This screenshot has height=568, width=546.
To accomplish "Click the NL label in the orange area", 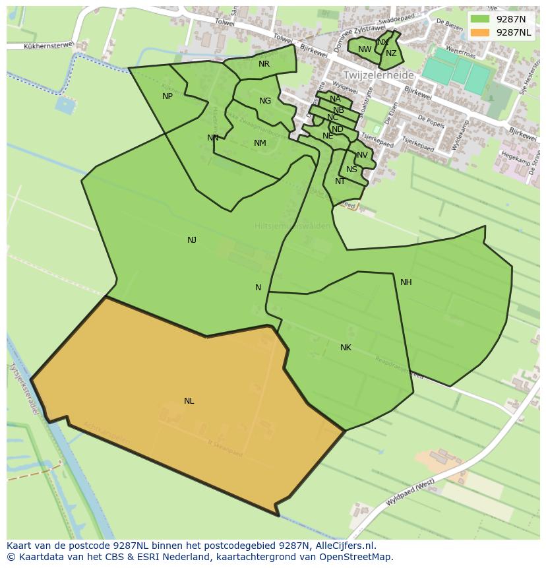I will click(x=189, y=401).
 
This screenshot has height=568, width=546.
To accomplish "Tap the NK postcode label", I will click(x=346, y=348).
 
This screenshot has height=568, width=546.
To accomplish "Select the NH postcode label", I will click(x=406, y=282).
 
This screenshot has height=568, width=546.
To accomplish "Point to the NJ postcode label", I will click(x=192, y=240).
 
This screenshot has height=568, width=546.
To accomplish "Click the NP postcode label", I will click(x=167, y=96).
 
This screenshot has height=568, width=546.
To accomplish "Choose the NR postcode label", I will click(x=264, y=64).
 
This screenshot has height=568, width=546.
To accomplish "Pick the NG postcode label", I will click(x=265, y=101).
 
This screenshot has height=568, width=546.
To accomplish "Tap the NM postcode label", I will click(x=260, y=143).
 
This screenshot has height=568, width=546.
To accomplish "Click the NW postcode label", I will click(x=365, y=49).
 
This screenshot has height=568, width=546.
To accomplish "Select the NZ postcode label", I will click(x=392, y=54).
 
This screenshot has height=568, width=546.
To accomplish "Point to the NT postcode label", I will click(x=340, y=181).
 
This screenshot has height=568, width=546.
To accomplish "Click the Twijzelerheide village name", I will click(x=378, y=75).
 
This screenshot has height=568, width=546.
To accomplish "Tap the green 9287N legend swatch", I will click(x=480, y=19).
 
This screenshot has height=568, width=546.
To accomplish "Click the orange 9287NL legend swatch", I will click(x=480, y=32).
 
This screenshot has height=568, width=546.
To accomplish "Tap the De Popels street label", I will click(x=431, y=121).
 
